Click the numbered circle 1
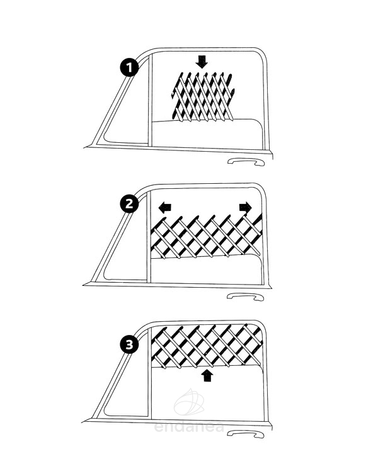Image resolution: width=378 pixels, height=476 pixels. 129,67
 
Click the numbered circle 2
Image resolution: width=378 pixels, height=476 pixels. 129,203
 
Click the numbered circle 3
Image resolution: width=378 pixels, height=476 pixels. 129,345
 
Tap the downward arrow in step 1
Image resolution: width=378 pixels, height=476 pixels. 202,62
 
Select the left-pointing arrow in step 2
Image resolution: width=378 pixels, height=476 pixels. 165,208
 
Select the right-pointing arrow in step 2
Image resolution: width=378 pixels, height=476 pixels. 246,207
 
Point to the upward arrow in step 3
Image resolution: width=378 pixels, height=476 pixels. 207,375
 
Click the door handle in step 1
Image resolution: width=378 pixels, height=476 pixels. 246,162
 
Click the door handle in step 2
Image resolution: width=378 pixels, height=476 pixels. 246,297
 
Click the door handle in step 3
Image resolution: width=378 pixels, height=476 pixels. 246,434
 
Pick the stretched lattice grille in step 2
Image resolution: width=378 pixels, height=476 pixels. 206,236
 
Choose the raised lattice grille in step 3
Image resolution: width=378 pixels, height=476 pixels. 207,346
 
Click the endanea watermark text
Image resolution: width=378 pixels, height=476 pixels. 189,427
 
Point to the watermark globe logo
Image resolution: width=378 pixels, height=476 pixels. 189,402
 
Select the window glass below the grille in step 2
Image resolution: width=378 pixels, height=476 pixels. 207,270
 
